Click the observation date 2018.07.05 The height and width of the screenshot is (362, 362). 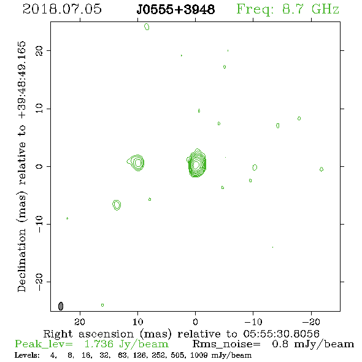coord(62,9)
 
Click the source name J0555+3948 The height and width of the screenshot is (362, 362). coord(175,9)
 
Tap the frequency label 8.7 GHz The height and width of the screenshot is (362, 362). coord(310,9)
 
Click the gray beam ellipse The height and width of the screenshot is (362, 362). coord(61,306)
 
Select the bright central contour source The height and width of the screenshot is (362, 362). coord(196,163)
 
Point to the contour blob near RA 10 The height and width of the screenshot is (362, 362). coord(136,163)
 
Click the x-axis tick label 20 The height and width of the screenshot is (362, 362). coord(80,322)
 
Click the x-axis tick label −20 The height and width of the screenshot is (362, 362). coord(311,322)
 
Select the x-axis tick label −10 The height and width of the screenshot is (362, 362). coord(253,322)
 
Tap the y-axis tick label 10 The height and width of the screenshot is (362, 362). coord(39,109)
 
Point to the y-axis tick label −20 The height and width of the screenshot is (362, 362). coord(39,282)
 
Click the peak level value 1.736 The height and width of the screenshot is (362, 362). coord(99,344)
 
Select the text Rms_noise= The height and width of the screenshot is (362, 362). coord(226,344)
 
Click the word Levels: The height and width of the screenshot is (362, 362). coord(27,355)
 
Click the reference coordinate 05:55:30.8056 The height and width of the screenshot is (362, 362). coord(281,334)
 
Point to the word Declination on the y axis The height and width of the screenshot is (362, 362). coord(21,260)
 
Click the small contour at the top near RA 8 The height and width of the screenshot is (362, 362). coord(147,27)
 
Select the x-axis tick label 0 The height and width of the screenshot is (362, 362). coord(195,322)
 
